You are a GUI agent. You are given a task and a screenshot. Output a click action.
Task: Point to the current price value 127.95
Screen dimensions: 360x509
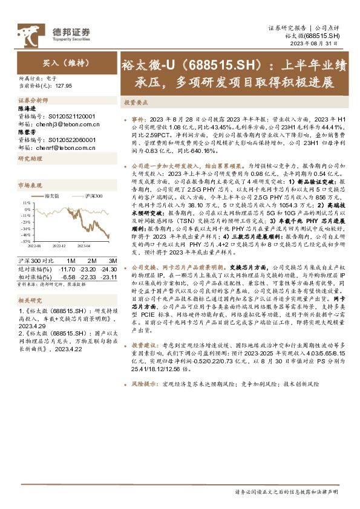pyautogui.click(x=63, y=86)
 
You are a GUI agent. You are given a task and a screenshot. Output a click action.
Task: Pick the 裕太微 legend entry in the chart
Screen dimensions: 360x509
pyautogui.click(x=51, y=197)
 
